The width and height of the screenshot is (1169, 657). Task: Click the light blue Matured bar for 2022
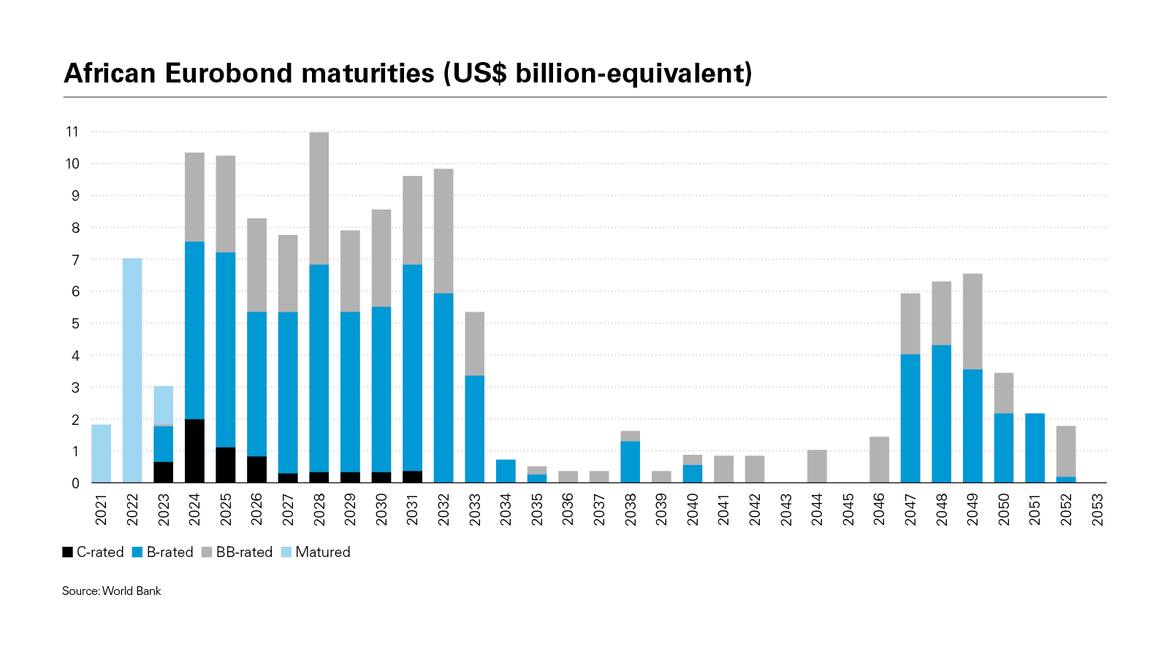tap(132, 370)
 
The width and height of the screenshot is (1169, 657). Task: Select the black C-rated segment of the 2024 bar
tap(194, 450)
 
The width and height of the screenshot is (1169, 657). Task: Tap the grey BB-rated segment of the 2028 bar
tap(319, 198)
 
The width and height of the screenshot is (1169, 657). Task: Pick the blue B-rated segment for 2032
tap(443, 388)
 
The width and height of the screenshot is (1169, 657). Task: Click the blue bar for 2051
tap(1035, 447)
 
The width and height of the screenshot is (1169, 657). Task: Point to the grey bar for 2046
tap(879, 459)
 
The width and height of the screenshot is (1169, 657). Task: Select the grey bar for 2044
tap(817, 466)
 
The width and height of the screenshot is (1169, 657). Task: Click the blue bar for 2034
tap(506, 471)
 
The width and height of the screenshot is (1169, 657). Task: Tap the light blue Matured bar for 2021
tap(102, 453)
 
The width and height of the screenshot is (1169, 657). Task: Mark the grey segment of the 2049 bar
tap(972, 321)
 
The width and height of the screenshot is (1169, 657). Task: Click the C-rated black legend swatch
tap(68, 553)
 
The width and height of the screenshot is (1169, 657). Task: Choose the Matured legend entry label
tap(323, 553)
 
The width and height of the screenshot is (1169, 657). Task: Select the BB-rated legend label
tap(244, 553)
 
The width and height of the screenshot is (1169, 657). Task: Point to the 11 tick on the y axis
tap(72, 132)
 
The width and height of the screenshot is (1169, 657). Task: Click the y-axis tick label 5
tap(75, 323)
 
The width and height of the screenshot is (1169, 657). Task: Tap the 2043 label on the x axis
tap(786, 509)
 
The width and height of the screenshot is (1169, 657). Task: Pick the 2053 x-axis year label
tap(1097, 509)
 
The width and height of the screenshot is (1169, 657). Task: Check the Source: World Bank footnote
tap(111, 591)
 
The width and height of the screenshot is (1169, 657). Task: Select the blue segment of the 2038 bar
tap(631, 461)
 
